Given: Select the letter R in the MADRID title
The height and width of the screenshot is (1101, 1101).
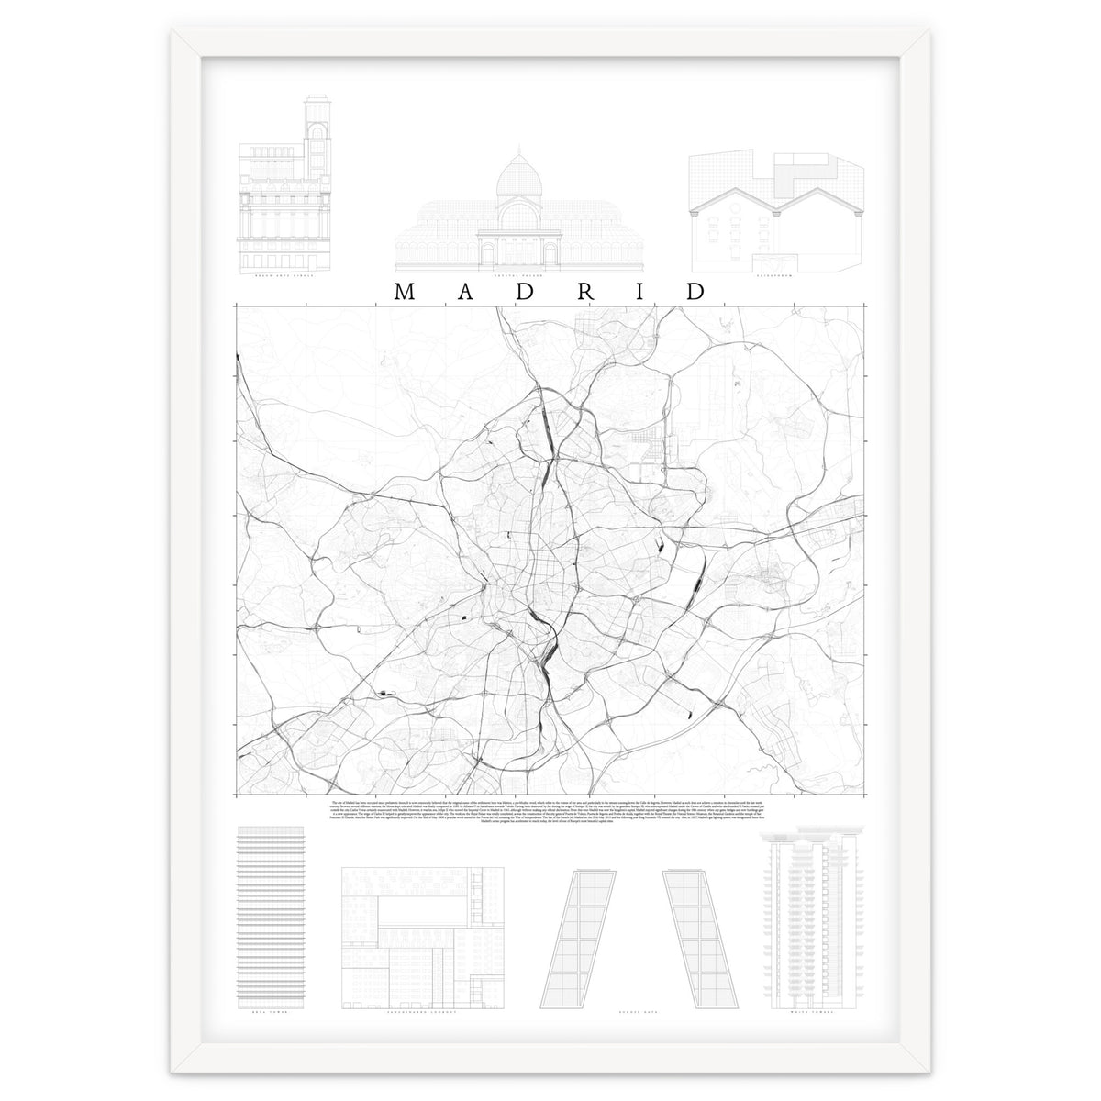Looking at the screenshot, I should [x=583, y=291].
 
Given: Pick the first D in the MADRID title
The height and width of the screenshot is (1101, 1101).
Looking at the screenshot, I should [x=523, y=291].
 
